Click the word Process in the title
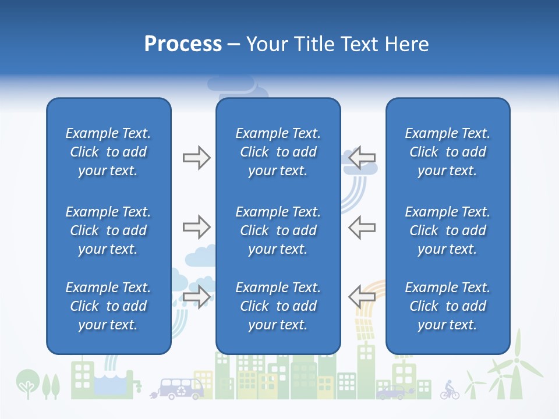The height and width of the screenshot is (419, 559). tap(183, 44)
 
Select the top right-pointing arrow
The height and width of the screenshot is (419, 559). tap(196, 157)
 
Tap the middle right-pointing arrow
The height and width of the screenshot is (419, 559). tap(196, 227)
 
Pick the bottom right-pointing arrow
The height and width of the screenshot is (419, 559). tap(196, 297)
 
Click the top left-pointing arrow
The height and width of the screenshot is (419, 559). tap(362, 157)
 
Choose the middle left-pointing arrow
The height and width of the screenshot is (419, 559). tap(362, 227)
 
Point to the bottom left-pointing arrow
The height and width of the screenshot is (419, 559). tap(362, 297)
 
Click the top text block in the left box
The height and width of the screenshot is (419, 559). tap(108, 152)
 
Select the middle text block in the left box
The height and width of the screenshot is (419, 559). tap(108, 230)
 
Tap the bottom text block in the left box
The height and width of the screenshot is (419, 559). tap(108, 306)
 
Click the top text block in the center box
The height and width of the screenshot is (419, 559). tap(278, 152)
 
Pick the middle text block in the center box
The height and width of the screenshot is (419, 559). tap(278, 230)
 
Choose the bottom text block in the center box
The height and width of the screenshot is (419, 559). tap(278, 306)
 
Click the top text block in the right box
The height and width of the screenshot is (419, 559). tap(447, 152)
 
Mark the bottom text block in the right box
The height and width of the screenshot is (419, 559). tap(447, 306)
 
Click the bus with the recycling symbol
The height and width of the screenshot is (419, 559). tap(181, 388)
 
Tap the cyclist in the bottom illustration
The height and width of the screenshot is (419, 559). tap(449, 390)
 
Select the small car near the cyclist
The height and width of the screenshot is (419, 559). tap(391, 393)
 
